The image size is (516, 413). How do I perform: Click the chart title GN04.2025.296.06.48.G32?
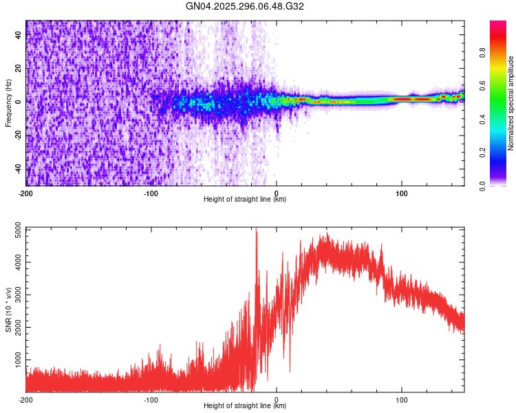point(245,6)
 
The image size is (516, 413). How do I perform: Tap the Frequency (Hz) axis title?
point(8,103)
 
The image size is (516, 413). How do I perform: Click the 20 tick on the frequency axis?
point(18,69)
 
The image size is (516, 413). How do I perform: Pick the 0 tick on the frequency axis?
point(18,102)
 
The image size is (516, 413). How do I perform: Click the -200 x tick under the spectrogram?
point(26,193)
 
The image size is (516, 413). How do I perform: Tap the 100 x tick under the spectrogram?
point(402,193)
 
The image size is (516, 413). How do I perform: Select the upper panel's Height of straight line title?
point(245,200)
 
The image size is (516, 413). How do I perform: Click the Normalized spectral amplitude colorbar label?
point(510,103)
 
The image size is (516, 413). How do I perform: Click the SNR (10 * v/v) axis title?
point(8,310)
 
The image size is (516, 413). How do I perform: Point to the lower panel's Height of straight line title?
point(245,406)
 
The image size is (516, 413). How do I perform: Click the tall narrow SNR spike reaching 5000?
point(257,234)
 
